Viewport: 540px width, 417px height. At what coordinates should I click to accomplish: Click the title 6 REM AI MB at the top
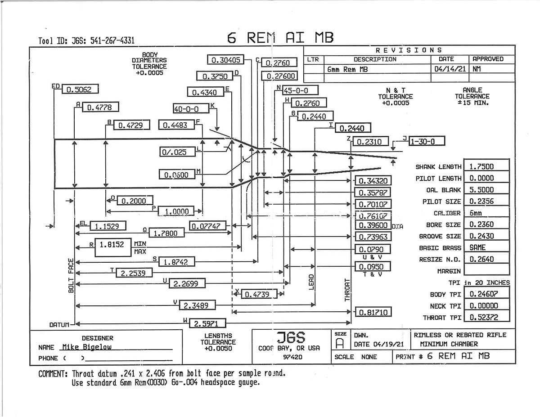point(280,38)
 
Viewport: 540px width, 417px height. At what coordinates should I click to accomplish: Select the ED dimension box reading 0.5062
point(79,90)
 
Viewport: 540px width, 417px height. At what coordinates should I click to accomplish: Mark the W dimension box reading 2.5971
point(207,323)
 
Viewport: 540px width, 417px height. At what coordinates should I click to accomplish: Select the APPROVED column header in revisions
point(488,59)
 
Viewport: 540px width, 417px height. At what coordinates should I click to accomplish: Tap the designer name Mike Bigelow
point(87,347)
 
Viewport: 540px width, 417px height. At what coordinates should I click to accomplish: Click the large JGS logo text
point(291,338)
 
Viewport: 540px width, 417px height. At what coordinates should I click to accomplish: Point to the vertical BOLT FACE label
point(71,276)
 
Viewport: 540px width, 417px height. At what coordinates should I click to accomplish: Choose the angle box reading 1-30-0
point(426,141)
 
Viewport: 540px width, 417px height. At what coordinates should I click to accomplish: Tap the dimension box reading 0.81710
point(373,312)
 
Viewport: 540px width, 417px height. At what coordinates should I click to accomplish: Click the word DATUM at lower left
point(59,324)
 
